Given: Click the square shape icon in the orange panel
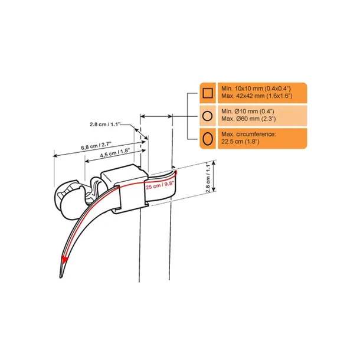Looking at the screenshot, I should [x=207, y=92].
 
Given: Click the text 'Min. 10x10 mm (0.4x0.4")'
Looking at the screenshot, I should [x=256, y=87].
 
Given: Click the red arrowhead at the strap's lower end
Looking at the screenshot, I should [x=64, y=259].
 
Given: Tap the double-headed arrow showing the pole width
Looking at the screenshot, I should [x=156, y=116].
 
